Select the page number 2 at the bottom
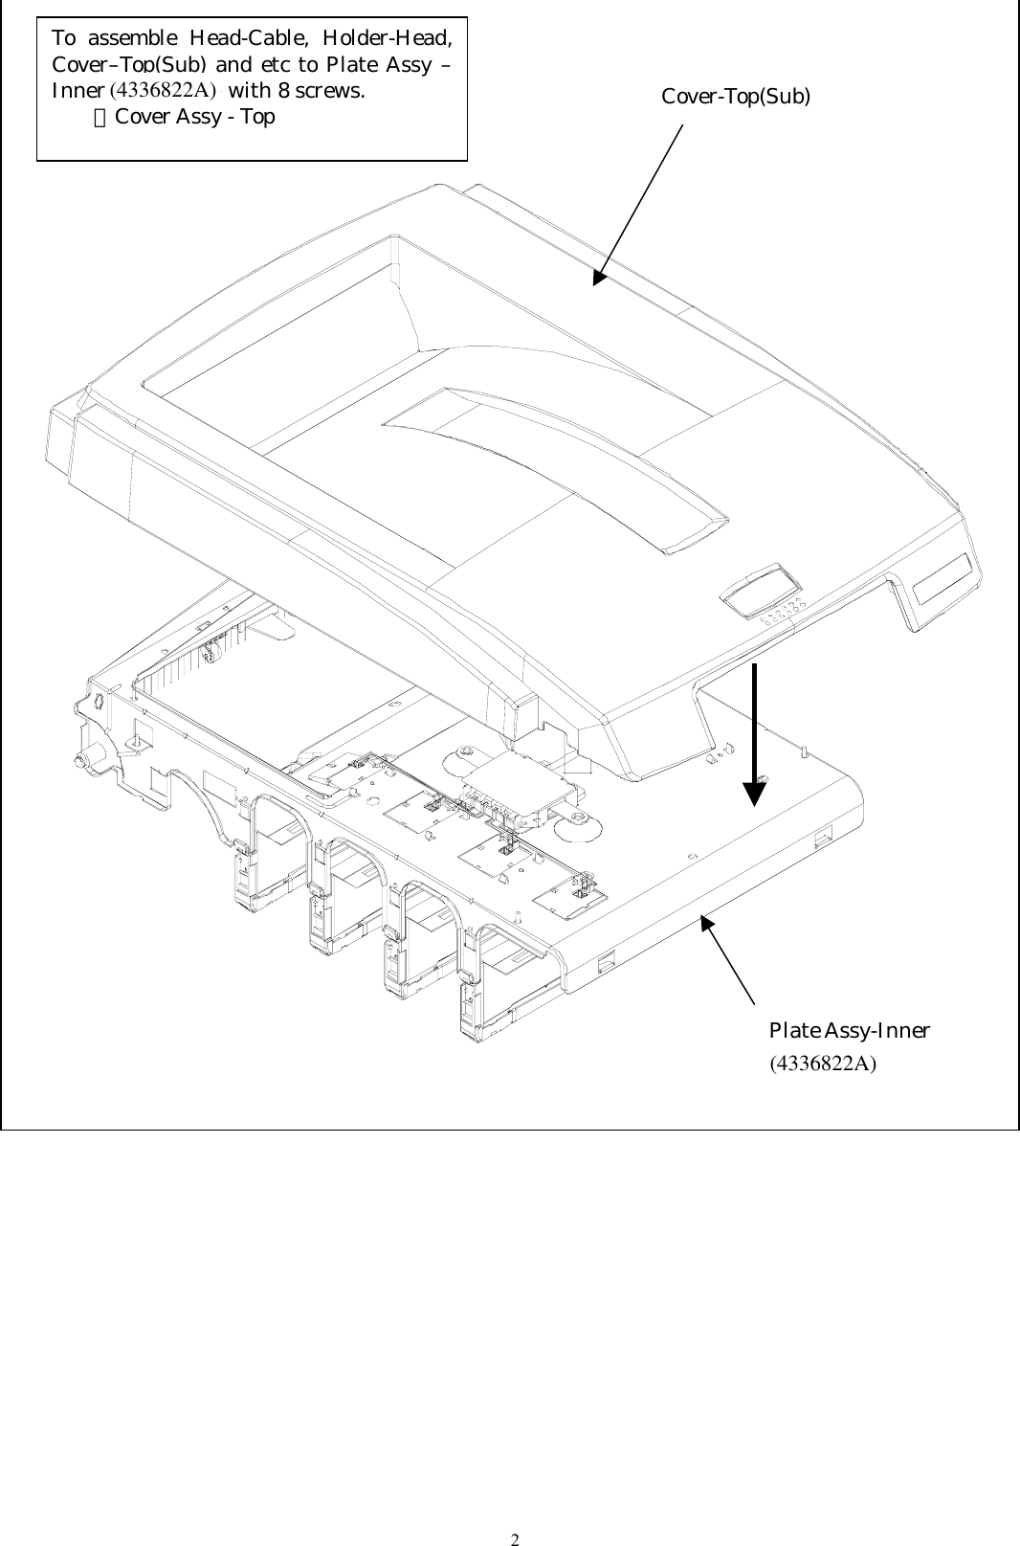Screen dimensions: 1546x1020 (x=514, y=1513)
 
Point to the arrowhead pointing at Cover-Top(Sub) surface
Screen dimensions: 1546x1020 (x=600, y=277)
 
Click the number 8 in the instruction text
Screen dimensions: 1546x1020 (x=283, y=92)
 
